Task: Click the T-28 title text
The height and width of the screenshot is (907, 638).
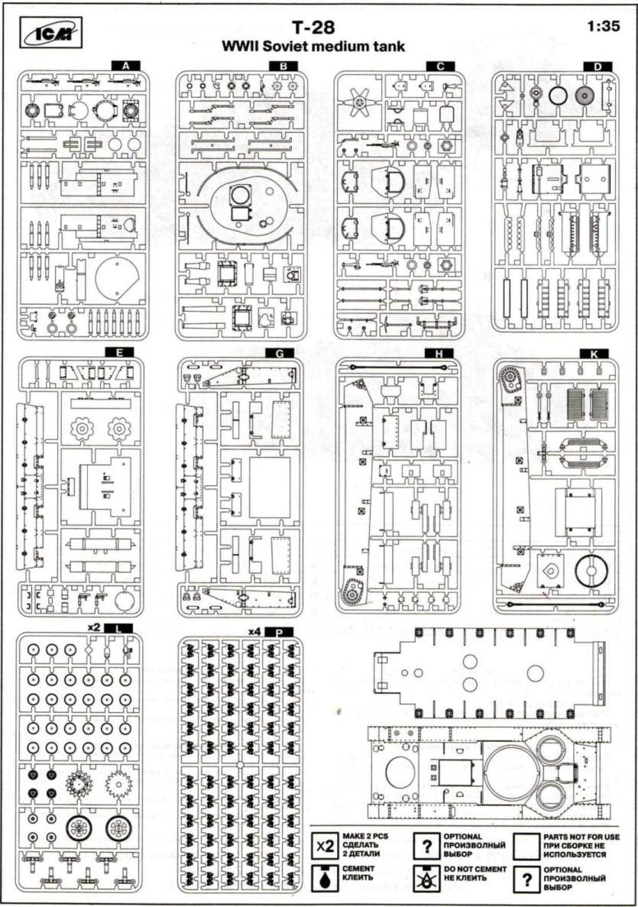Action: tap(313, 28)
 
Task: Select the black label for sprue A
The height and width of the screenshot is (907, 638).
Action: tap(125, 66)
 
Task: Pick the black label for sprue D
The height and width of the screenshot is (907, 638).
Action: tap(597, 66)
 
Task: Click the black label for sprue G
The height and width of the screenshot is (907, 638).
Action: tap(282, 353)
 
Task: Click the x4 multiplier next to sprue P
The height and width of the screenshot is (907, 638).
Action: tap(255, 632)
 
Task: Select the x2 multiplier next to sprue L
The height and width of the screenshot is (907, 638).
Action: tap(95, 627)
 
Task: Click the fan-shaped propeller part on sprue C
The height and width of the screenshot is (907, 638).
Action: tap(358, 101)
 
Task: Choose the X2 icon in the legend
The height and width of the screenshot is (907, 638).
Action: tap(325, 847)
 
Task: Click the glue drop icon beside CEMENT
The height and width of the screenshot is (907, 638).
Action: tap(325, 879)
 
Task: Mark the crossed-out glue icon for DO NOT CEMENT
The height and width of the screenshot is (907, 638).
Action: tap(424, 879)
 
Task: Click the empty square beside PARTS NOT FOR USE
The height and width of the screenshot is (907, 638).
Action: tap(525, 847)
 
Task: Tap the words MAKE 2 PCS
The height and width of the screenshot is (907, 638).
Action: tap(364, 837)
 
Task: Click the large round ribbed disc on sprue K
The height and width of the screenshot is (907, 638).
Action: tap(589, 572)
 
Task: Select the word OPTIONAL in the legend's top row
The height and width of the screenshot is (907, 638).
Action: tap(462, 837)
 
